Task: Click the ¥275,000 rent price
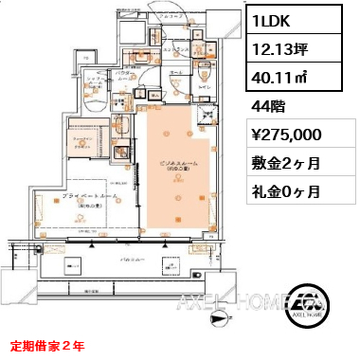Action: pos(290,135)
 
